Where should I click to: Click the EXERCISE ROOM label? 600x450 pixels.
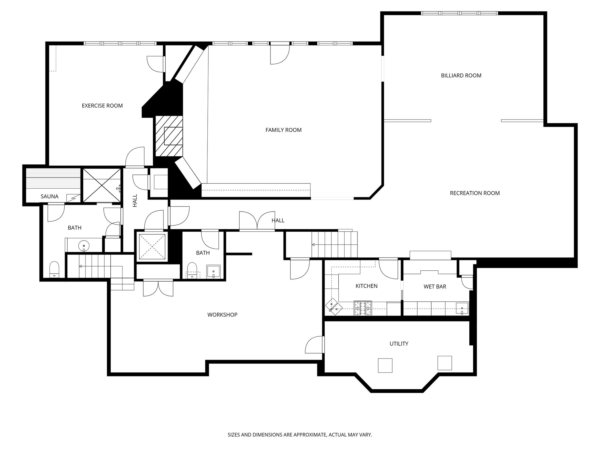[x=102, y=106]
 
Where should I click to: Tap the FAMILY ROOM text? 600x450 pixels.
[x=283, y=130]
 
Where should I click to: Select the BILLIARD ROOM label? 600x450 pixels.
[x=461, y=76]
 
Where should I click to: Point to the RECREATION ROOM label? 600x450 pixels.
[x=475, y=193]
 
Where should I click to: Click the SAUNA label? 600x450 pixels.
[x=50, y=197]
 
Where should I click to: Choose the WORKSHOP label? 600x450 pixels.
[x=222, y=315]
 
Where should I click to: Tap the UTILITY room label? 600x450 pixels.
[x=399, y=344]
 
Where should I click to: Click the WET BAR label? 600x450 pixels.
[x=435, y=287]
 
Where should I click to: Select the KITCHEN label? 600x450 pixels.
[x=366, y=286]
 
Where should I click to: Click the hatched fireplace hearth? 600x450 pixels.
[x=169, y=136]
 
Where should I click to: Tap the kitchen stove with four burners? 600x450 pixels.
[x=363, y=308]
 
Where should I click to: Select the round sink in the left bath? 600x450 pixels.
[x=84, y=246]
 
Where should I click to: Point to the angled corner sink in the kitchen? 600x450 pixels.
[x=334, y=307]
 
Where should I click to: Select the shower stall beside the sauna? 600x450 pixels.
[x=101, y=185]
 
